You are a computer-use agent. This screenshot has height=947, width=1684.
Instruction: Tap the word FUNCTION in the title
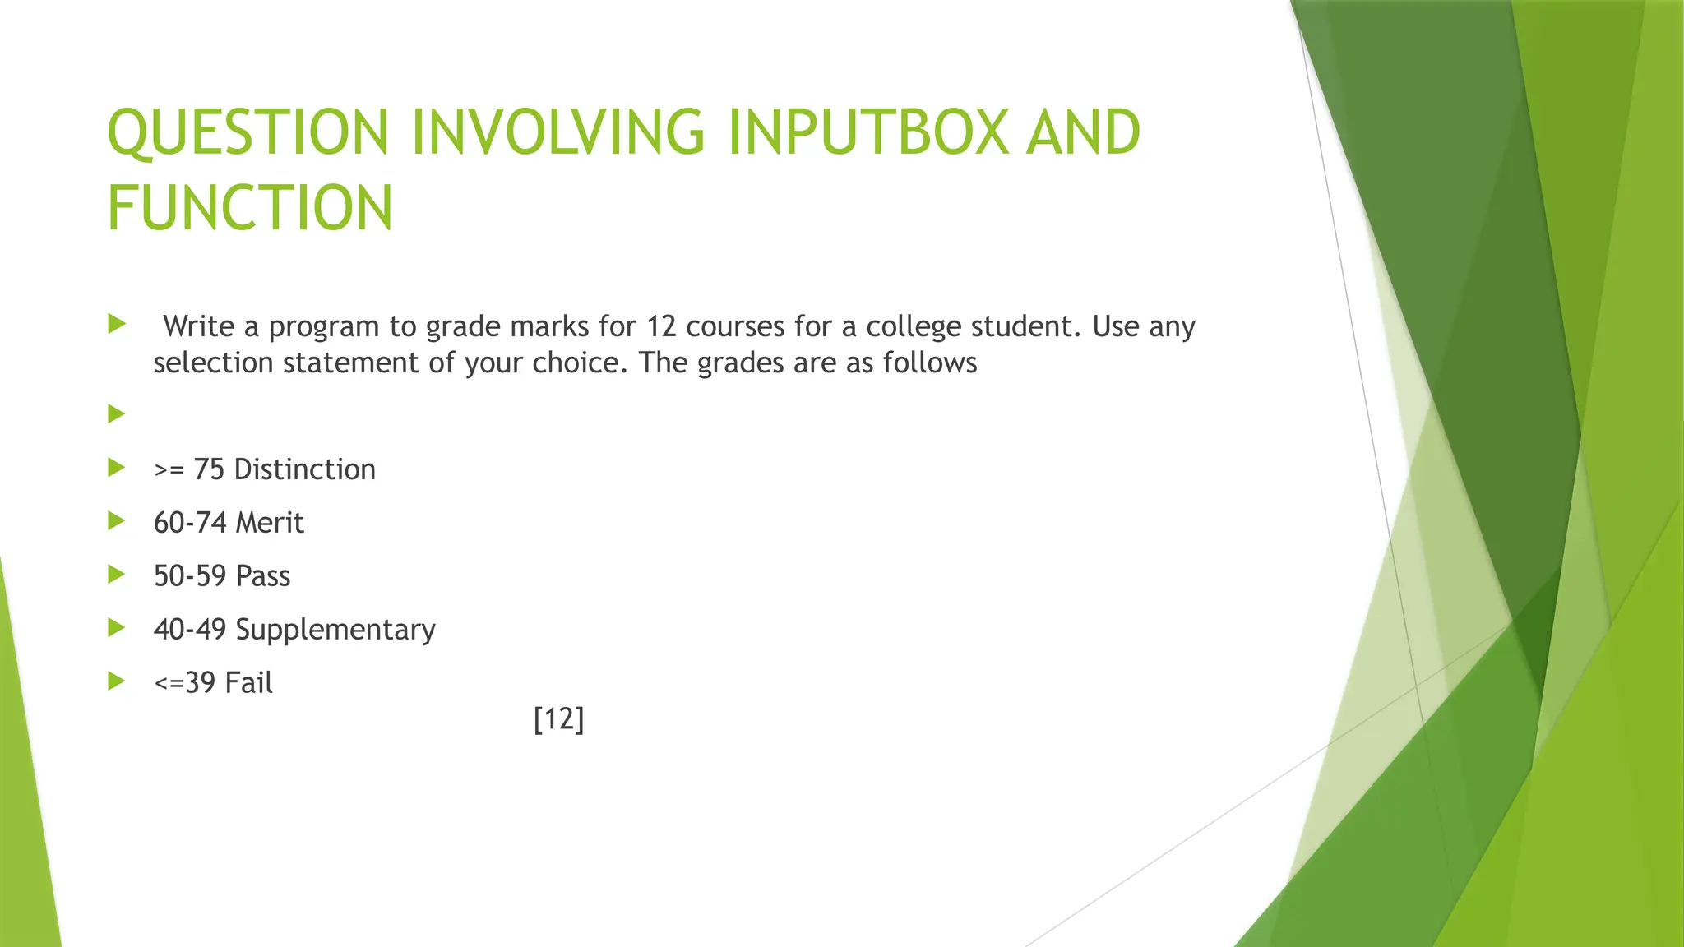point(250,207)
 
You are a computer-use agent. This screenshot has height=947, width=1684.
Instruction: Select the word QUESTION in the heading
point(248,133)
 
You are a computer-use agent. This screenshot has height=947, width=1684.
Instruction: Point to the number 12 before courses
point(660,326)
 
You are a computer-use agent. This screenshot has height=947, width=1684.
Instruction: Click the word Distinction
point(304,469)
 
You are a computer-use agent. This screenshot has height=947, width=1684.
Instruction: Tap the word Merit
point(270,523)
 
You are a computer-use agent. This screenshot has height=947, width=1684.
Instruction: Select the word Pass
point(263,576)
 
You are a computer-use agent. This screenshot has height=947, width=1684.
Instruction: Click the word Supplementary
point(335,631)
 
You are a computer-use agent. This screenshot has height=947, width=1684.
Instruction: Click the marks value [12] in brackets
point(558,719)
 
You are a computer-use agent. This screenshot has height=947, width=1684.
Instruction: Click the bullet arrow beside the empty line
point(116,413)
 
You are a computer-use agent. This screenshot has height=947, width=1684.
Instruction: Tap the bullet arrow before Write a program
point(116,324)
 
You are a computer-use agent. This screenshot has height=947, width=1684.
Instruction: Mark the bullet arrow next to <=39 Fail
point(116,681)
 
